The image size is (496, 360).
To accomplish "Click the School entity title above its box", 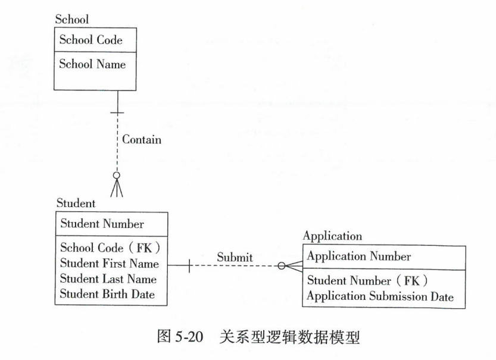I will coord(71,20).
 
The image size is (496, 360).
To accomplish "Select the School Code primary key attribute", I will coord(91,40).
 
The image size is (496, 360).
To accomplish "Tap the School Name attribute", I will coord(92,64).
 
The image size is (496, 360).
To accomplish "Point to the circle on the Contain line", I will coord(117,176).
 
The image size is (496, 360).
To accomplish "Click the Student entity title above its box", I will coord(76,203).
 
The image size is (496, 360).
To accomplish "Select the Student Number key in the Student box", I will coord(102,224).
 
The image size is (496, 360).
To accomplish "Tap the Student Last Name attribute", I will coord(108,278).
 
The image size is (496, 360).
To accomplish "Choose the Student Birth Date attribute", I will coord(107,293).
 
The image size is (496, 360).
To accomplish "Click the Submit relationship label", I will coord(235,257).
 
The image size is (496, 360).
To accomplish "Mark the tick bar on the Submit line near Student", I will coord(189,266).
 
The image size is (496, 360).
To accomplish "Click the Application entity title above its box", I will coord(332,236).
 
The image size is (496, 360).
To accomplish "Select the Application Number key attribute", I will coord(358,256).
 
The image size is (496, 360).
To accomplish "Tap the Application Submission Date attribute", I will coord(380,296).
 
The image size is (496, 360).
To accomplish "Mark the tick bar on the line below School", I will coord(117,111).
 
